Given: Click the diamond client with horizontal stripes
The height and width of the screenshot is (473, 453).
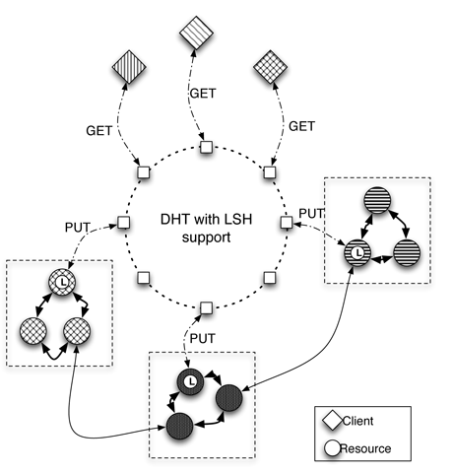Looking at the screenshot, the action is (196, 33).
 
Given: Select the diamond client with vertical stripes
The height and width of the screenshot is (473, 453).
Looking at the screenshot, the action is (129, 67).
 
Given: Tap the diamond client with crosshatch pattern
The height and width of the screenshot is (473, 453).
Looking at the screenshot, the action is (271, 67).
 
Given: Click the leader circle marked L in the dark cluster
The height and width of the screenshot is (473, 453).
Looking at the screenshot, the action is (191, 381).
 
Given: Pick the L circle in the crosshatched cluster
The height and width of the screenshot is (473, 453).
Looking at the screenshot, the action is (62, 282).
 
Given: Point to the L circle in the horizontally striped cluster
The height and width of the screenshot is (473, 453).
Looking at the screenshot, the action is (357, 252).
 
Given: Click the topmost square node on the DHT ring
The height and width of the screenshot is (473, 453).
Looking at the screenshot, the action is (206, 147).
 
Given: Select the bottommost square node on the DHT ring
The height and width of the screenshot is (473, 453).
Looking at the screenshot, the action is (206, 308).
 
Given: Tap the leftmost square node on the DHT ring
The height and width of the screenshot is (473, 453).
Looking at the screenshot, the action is (124, 223).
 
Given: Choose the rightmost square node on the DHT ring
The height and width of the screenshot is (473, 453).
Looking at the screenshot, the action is (287, 223).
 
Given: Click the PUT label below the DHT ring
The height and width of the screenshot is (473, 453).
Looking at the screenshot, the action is (203, 338).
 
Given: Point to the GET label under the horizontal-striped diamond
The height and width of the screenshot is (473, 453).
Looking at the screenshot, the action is (203, 94).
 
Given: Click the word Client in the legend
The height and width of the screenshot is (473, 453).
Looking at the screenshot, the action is (357, 421).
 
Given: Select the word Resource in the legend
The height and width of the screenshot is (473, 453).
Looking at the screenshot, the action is (365, 448).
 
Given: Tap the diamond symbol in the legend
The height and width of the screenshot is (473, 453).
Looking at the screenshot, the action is (333, 421).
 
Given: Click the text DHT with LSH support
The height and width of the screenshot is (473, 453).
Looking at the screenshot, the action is (206, 228).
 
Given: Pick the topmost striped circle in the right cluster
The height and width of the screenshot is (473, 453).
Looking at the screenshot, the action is (378, 200).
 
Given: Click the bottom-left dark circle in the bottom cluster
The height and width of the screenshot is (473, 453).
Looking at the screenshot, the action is (179, 426).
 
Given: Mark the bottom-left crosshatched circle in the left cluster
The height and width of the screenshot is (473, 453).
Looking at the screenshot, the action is (33, 331).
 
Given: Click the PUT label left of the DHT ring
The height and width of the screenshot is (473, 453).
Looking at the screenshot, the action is (78, 228).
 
